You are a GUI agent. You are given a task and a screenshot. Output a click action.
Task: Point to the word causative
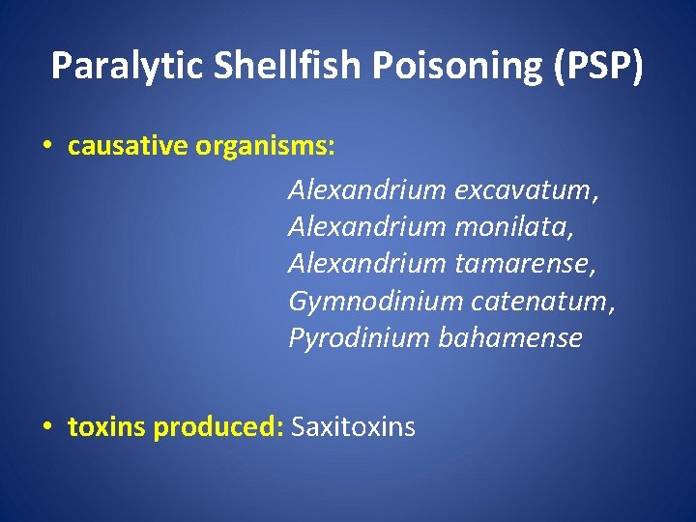pos(128,146)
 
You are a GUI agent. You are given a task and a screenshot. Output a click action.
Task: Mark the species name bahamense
pos(510,337)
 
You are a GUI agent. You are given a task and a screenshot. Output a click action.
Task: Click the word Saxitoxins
pos(353,426)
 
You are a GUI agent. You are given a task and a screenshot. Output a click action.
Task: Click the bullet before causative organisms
pos(47,147)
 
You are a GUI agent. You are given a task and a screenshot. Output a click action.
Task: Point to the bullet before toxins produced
pos(47,427)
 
